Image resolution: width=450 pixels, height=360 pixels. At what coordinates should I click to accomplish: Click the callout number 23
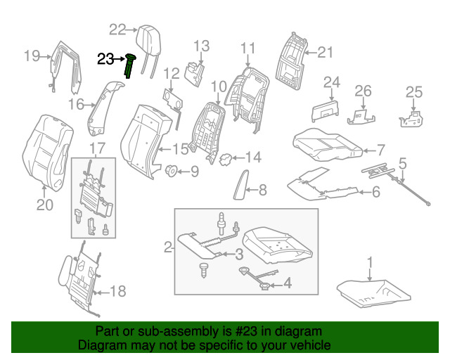[105, 60]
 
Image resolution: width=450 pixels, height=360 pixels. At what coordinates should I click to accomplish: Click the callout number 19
[32, 56]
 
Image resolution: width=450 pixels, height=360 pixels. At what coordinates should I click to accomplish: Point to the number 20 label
[44, 205]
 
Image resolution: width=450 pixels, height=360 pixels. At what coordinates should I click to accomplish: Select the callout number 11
[247, 48]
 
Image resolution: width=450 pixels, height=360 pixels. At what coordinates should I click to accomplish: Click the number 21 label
[324, 51]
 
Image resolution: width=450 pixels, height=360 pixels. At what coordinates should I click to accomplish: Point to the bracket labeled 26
[361, 113]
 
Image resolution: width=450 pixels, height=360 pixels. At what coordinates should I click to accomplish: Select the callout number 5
[403, 165]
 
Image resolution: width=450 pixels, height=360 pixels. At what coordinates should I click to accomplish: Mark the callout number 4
[287, 283]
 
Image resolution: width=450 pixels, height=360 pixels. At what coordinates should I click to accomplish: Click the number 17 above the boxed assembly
[97, 148]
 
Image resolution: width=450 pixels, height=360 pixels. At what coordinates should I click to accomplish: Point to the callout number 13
[201, 47]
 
